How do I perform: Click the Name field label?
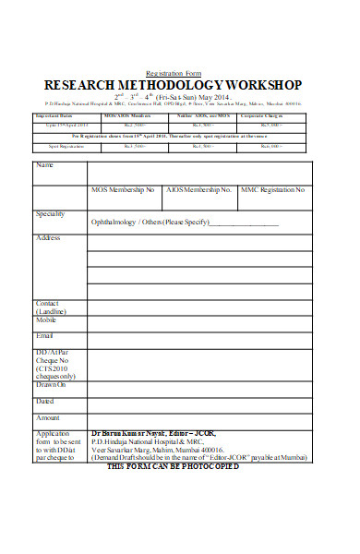point(44,165)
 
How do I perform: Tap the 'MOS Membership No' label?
point(123,190)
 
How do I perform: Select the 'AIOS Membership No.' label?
point(198,190)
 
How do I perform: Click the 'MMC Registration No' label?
point(272,190)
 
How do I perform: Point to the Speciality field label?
point(50,213)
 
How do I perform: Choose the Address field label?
point(48,237)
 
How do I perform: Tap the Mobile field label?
point(46,319)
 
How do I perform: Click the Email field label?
point(44,335)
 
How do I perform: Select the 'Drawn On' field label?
point(51,384)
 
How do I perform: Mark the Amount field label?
point(48,417)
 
